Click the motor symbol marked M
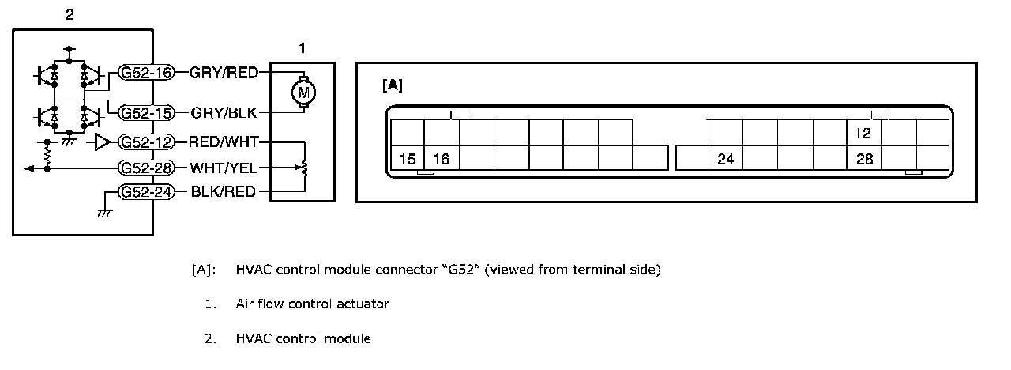pyautogui.click(x=302, y=92)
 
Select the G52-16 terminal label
pyautogui.click(x=146, y=73)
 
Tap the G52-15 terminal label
pyautogui.click(x=146, y=113)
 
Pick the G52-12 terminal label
pyautogui.click(x=146, y=142)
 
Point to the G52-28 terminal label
pyautogui.click(x=146, y=168)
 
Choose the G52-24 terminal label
pyautogui.click(x=146, y=191)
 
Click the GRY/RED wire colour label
pyautogui.click(x=224, y=73)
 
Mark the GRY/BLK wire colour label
pyautogui.click(x=224, y=112)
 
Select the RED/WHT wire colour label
pyautogui.click(x=224, y=142)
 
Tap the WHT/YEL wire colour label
pyautogui.click(x=224, y=168)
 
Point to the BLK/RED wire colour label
pyautogui.click(x=224, y=191)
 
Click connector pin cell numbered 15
pyautogui.click(x=408, y=160)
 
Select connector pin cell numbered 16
pyautogui.click(x=442, y=160)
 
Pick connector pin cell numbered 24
pyautogui.click(x=726, y=160)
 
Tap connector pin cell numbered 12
pyautogui.click(x=864, y=134)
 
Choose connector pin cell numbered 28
pyautogui.click(x=864, y=160)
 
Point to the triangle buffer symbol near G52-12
pyautogui.click(x=103, y=142)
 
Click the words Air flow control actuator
pyautogui.click(x=312, y=304)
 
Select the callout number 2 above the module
pyautogui.click(x=70, y=13)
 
